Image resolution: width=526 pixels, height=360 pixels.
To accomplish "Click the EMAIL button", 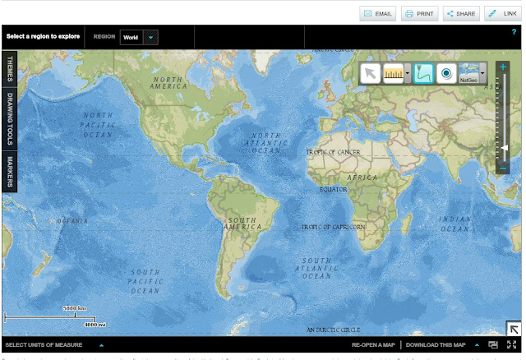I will (x=378, y=14).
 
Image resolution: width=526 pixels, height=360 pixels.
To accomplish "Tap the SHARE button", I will (x=461, y=14).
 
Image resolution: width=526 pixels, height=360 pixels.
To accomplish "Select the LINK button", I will (x=503, y=14).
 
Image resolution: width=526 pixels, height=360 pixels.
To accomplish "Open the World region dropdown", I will (x=150, y=37).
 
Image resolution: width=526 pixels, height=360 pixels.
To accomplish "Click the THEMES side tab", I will (x=10, y=69).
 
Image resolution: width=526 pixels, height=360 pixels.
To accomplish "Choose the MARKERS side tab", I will (x=10, y=170).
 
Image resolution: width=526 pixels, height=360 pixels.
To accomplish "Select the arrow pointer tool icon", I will (x=370, y=73).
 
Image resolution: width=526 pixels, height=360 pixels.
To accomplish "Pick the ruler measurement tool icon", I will (x=394, y=73).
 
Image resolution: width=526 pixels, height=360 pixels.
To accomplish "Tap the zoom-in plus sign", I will (x=503, y=67).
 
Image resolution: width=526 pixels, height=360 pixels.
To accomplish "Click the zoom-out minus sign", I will (x=503, y=168).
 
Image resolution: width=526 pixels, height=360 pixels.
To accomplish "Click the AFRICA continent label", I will (x=362, y=177).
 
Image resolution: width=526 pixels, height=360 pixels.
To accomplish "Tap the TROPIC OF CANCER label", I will (x=333, y=152).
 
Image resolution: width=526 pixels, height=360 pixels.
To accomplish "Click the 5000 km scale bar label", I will (x=76, y=309).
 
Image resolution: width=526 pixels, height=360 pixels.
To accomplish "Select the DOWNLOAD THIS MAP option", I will (x=436, y=345).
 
